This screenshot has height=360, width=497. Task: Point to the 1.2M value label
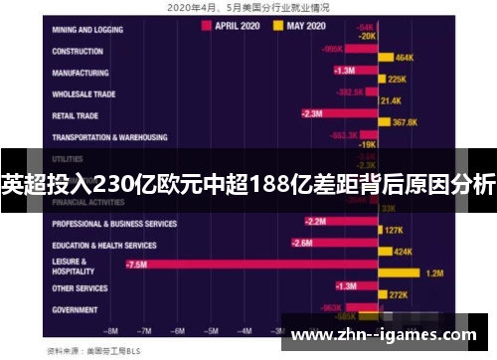433,272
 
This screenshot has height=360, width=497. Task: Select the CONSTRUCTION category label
79,51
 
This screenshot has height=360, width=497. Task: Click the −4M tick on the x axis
242,329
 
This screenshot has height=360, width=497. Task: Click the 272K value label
399,294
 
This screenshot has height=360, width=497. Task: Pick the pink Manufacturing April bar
354,71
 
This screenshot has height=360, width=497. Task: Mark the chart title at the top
248,6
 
